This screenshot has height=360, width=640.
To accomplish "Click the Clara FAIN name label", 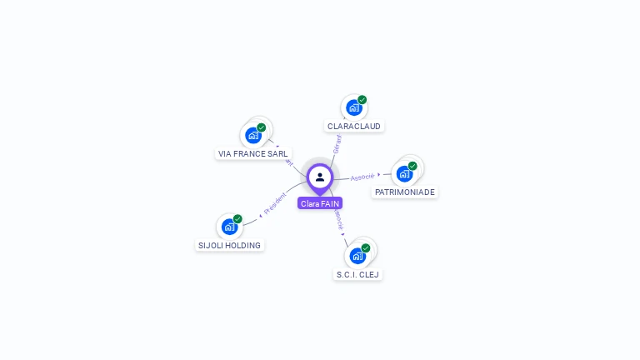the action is point(320,203).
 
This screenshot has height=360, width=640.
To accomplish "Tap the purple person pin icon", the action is point(320,177).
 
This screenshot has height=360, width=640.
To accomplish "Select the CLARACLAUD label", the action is point(354,127).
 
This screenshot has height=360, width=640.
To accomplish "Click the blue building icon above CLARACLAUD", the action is point(353,107).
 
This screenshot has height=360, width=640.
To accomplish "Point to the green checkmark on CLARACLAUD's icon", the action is point(362,100).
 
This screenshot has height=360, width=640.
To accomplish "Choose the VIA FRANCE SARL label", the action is point(253,154).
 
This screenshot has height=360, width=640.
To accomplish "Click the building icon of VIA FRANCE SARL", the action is point(253,135).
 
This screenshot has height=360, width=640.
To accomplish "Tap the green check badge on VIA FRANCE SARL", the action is point(262,127).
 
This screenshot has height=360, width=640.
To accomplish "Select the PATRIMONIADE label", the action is point(405,192).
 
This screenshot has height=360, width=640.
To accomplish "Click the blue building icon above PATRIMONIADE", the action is point(404,173).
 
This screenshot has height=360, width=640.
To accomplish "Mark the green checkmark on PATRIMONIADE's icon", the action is point(412,166).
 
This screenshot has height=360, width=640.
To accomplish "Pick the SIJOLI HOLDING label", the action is point(229,246).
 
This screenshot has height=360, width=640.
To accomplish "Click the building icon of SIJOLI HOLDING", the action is point(229,227).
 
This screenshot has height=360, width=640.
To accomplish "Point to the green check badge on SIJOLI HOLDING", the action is point(237,219).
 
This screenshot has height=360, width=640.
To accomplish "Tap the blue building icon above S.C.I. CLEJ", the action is point(357,256).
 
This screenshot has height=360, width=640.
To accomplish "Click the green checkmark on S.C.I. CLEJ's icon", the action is point(366,248).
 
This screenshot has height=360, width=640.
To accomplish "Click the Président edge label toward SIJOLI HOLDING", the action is point(275,203).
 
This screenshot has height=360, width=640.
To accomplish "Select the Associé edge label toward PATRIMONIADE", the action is point(362,177).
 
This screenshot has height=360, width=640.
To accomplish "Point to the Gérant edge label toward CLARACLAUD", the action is point(337,143).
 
